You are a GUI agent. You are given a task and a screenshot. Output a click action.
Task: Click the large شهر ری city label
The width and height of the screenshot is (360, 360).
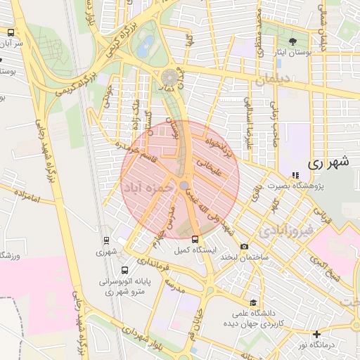(328, 162)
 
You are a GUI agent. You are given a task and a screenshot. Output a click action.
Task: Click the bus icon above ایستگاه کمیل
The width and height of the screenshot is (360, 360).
(195, 239)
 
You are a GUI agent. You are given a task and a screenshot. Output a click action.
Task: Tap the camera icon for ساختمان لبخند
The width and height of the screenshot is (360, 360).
(244, 247)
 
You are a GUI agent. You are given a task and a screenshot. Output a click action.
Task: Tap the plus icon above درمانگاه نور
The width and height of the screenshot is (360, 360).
(317, 334)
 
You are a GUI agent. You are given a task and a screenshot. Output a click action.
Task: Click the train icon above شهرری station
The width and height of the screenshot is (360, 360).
(106, 240)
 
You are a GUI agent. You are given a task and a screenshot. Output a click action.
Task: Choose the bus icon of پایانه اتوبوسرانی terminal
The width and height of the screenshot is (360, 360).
(124, 270)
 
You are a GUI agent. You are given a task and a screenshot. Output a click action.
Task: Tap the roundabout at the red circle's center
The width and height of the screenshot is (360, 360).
(183, 185)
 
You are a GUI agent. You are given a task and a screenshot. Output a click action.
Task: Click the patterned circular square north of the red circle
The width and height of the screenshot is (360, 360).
(169, 76)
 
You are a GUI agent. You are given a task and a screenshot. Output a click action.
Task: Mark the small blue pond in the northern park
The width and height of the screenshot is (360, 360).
(146, 47)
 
